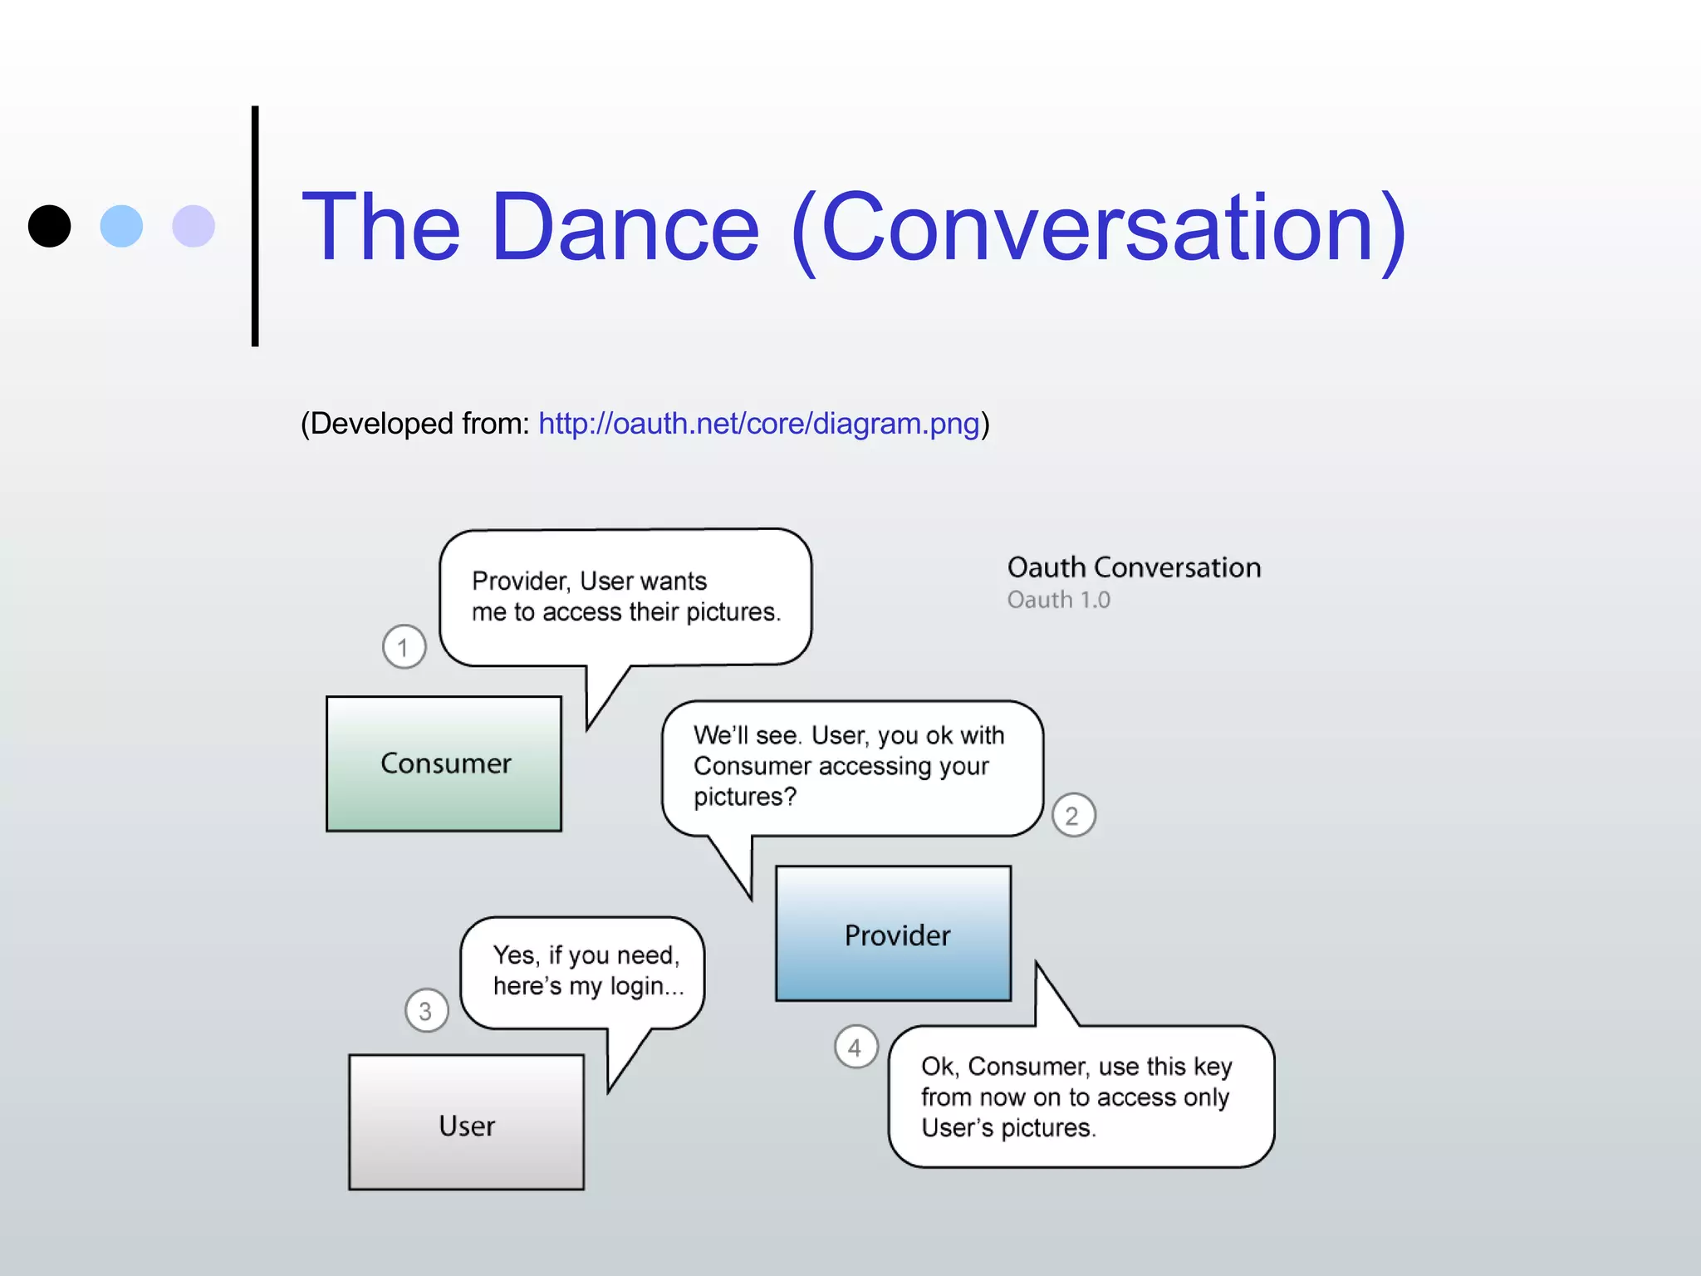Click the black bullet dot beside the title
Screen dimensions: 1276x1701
click(49, 226)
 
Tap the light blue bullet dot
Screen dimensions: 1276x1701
click(121, 226)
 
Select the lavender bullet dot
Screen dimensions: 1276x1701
click(194, 226)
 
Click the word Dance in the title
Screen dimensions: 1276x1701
click(625, 228)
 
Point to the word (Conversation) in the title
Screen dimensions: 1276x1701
click(1099, 229)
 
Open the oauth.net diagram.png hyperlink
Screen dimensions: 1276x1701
click(758, 424)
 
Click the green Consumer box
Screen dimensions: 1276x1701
click(444, 763)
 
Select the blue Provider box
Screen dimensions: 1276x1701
click(894, 934)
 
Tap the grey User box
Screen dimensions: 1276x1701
click(466, 1122)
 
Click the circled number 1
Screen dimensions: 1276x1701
click(404, 647)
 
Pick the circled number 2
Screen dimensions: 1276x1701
click(1073, 816)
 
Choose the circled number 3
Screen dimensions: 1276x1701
click(426, 1011)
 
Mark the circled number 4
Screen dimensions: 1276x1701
click(855, 1048)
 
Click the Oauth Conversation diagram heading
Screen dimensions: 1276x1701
click(1134, 567)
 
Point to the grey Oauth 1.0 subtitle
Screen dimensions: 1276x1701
click(1058, 600)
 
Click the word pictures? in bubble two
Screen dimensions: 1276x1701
click(745, 797)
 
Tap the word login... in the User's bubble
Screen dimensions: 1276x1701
click(647, 986)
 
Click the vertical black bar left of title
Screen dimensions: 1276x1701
click(255, 226)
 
